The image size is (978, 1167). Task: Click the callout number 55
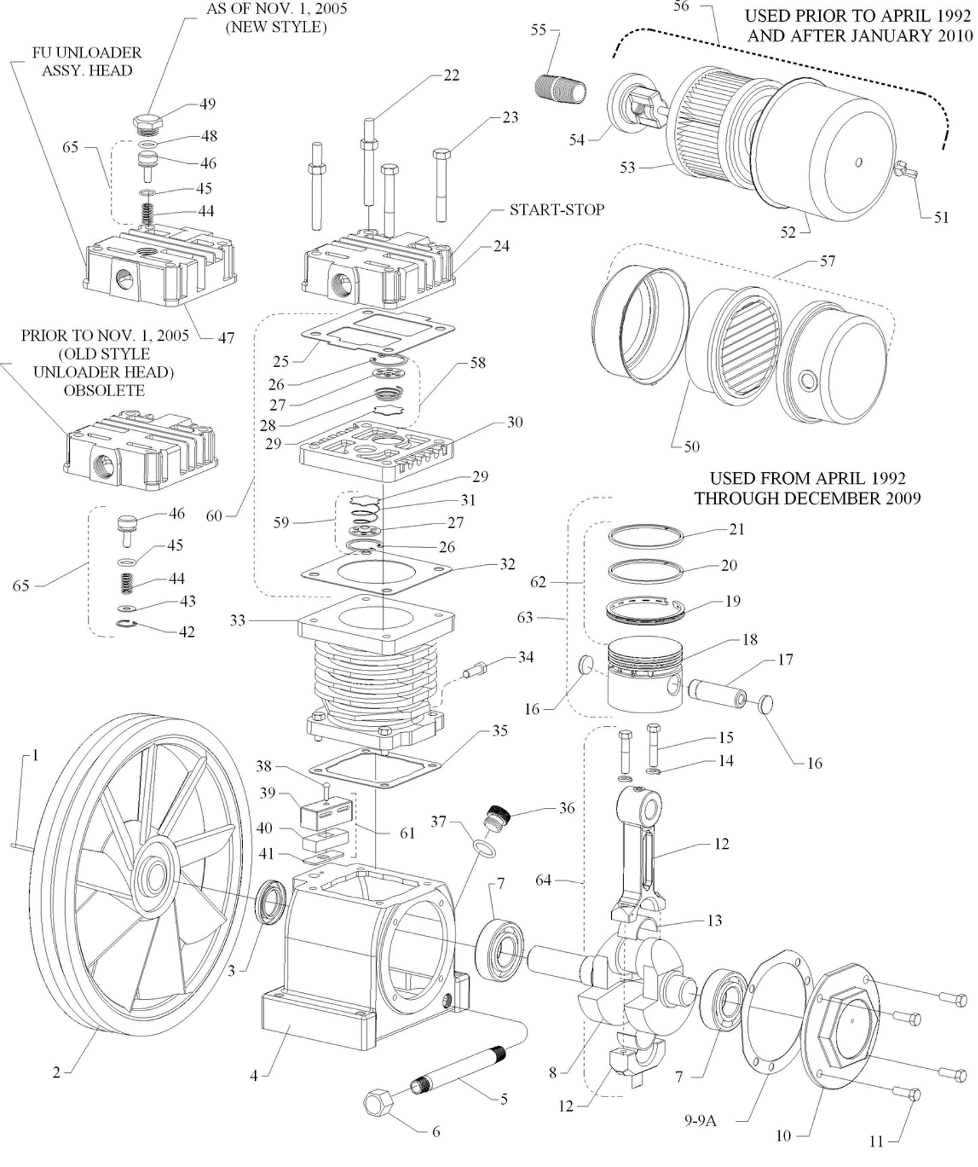click(x=538, y=30)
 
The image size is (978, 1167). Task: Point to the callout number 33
click(x=238, y=620)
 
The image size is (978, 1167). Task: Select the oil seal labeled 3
click(x=274, y=899)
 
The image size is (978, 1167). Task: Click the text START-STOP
click(x=556, y=210)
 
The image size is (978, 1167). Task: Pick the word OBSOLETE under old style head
click(x=104, y=391)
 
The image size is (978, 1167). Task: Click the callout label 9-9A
click(x=700, y=1120)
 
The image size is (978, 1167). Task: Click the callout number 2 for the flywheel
click(x=57, y=1072)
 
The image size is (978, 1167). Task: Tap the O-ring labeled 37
click(x=482, y=849)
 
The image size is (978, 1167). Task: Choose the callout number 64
click(x=543, y=880)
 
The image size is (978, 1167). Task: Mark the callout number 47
click(x=226, y=337)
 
